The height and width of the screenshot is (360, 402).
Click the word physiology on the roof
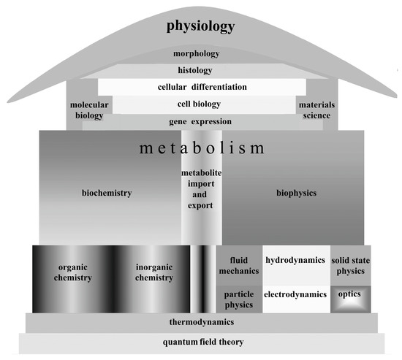tap(200, 27)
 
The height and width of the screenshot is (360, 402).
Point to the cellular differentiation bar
tap(202, 87)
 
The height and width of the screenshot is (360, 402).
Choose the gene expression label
tap(200, 121)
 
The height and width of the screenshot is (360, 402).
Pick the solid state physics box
tap(350, 266)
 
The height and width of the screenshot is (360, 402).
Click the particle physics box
tap(238, 299)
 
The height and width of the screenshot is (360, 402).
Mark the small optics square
tap(350, 295)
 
